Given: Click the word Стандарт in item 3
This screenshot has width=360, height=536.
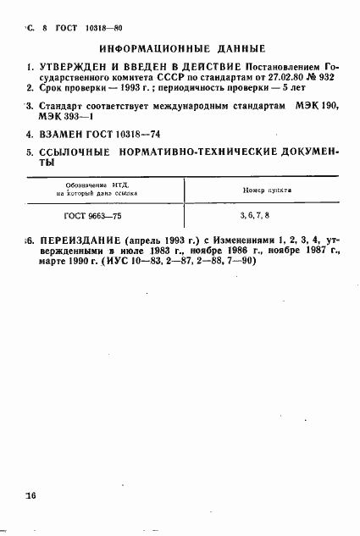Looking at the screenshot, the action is click(x=62, y=106).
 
